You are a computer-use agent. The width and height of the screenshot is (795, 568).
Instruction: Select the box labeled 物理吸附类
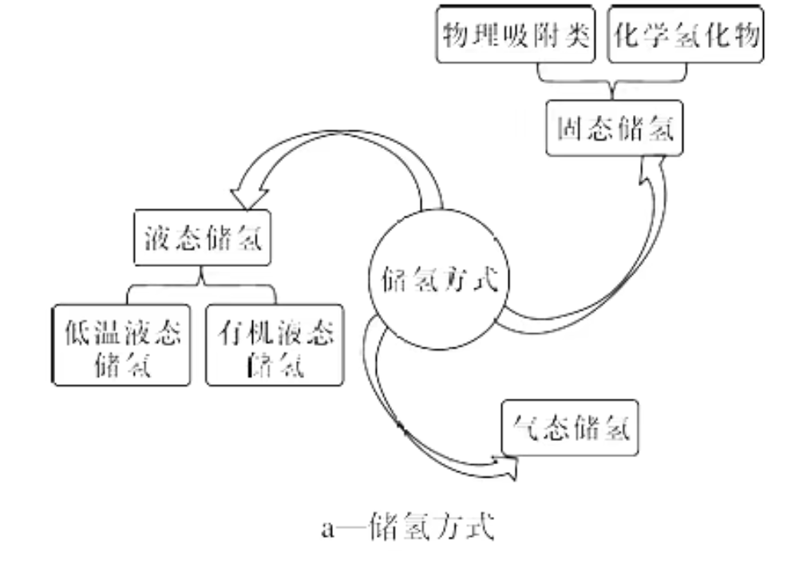(516, 36)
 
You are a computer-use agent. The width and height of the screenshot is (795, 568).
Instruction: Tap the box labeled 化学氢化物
(684, 36)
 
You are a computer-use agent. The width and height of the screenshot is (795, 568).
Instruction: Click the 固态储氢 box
(615, 129)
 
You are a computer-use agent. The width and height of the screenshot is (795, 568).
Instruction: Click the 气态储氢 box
(570, 430)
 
